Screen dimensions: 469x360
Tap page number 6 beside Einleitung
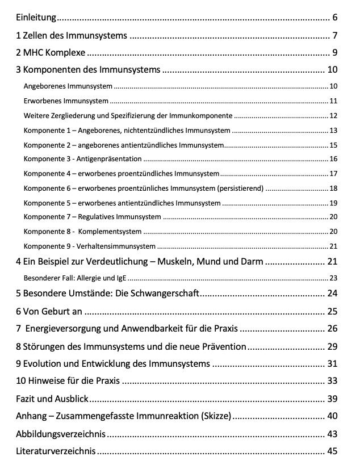[336, 17]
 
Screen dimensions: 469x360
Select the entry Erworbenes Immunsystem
[66, 101]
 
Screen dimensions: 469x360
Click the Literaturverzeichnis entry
[56, 452]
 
